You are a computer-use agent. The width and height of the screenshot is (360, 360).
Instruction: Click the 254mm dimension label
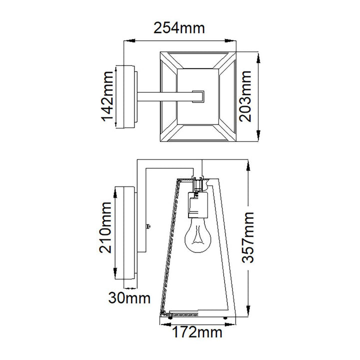(179, 28)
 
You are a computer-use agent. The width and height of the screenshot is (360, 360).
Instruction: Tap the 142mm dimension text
(107, 96)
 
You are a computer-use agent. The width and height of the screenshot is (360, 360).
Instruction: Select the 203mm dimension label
(245, 96)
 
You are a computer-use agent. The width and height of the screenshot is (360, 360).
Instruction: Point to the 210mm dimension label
(105, 227)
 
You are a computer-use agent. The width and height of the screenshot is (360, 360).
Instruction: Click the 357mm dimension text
(248, 237)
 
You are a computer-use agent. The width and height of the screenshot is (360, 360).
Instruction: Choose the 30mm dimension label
(129, 298)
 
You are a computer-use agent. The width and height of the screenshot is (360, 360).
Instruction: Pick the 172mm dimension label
(197, 332)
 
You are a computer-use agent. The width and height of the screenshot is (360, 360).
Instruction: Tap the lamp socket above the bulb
(198, 205)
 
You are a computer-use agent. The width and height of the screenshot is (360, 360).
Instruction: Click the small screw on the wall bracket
(148, 226)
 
